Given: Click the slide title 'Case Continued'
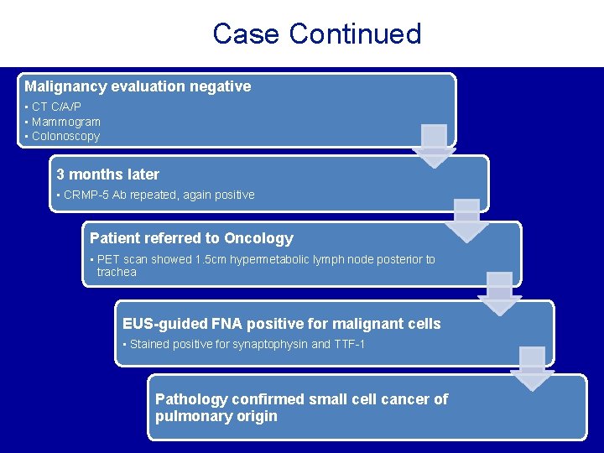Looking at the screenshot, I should pyautogui.click(x=316, y=34).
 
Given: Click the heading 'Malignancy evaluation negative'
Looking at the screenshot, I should pyautogui.click(x=138, y=86).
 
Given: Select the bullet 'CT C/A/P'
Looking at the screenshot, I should pyautogui.click(x=56, y=107).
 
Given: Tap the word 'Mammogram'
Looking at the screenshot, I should pyautogui.click(x=66, y=122).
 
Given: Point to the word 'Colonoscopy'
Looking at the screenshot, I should pyautogui.click(x=65, y=136).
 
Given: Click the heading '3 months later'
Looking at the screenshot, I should pyautogui.click(x=107, y=174).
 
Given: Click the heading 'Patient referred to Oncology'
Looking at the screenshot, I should pyautogui.click(x=191, y=238).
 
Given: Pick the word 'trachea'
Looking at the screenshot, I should pyautogui.click(x=117, y=272).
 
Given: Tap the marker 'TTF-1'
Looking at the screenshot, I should pyautogui.click(x=350, y=344).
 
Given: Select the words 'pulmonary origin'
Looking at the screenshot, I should pyautogui.click(x=216, y=416).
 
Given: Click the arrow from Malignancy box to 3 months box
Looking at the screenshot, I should pyautogui.click(x=434, y=145).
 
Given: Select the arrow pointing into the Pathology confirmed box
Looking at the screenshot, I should pyautogui.click(x=532, y=368).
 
